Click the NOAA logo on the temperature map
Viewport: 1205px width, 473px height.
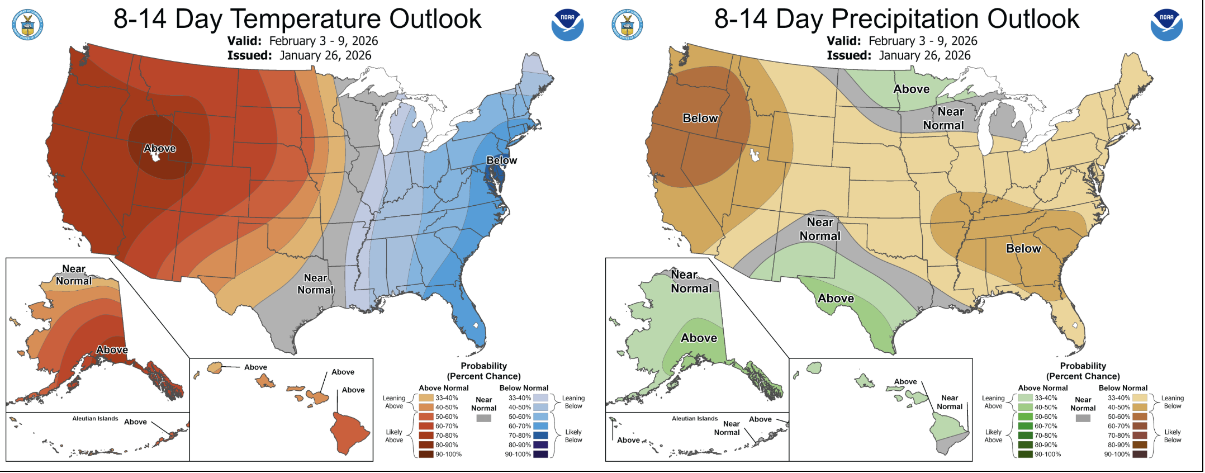pyautogui.click(x=567, y=25)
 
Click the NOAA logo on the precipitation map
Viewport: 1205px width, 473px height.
pyautogui.click(x=1166, y=25)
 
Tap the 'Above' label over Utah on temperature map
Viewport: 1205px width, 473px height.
pyautogui.click(x=160, y=148)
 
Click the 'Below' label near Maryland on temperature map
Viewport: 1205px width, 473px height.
pyautogui.click(x=501, y=160)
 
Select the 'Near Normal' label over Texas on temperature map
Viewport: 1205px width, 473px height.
pyautogui.click(x=315, y=284)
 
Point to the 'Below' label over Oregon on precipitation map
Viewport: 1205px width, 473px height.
pyautogui.click(x=700, y=118)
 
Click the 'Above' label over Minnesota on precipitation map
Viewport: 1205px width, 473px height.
pyautogui.click(x=911, y=89)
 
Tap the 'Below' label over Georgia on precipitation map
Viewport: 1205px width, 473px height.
pyautogui.click(x=1023, y=248)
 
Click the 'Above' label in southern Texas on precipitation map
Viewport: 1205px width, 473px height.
pyautogui.click(x=836, y=299)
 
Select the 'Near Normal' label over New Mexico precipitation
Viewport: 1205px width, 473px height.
pyautogui.click(x=820, y=229)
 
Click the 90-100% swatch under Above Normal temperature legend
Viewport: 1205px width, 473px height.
pyautogui.click(x=426, y=455)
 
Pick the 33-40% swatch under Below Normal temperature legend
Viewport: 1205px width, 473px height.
pyautogui.click(x=540, y=398)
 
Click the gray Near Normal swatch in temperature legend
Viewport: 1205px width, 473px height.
pyautogui.click(x=483, y=418)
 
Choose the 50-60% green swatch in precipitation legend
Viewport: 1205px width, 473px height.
pyautogui.click(x=1025, y=417)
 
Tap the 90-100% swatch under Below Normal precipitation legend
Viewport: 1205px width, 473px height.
pyautogui.click(x=1140, y=455)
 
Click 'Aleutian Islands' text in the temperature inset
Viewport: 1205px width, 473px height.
pyautogui.click(x=95, y=419)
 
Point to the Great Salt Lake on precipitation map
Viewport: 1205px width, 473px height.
pyautogui.click(x=755, y=155)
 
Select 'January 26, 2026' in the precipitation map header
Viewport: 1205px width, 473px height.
pyautogui.click(x=924, y=55)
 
